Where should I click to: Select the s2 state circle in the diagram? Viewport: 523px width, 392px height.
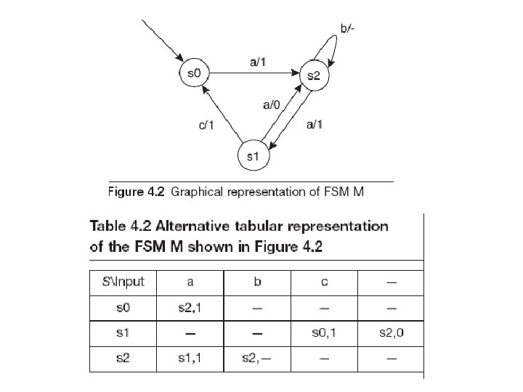pyautogui.click(x=315, y=75)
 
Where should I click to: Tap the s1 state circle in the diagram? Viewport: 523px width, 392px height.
pyautogui.click(x=253, y=156)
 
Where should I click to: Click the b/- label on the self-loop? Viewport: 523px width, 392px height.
pyautogui.click(x=349, y=29)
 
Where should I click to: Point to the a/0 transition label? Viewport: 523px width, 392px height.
pyautogui.click(x=271, y=105)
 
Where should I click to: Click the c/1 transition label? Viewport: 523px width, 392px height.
pyautogui.click(x=207, y=126)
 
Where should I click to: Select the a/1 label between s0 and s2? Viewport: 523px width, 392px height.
pyautogui.click(x=259, y=62)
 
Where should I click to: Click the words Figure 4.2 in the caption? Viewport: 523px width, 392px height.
pyautogui.click(x=137, y=192)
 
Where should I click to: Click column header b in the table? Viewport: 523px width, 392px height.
pyautogui.click(x=257, y=282)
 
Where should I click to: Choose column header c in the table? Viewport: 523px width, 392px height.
pyautogui.click(x=324, y=282)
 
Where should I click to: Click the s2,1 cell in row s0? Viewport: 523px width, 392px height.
pyautogui.click(x=190, y=308)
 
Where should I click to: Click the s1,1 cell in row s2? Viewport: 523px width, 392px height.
pyautogui.click(x=190, y=359)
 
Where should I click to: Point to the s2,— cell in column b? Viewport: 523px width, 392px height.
pyautogui.click(x=257, y=359)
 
